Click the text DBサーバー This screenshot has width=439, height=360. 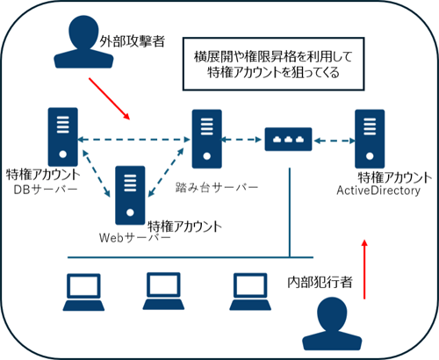coord(45,189)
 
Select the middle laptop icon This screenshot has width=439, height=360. coord(163,286)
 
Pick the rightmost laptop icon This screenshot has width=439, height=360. coord(249,287)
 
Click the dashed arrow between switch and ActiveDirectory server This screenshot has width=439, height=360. coord(332,138)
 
